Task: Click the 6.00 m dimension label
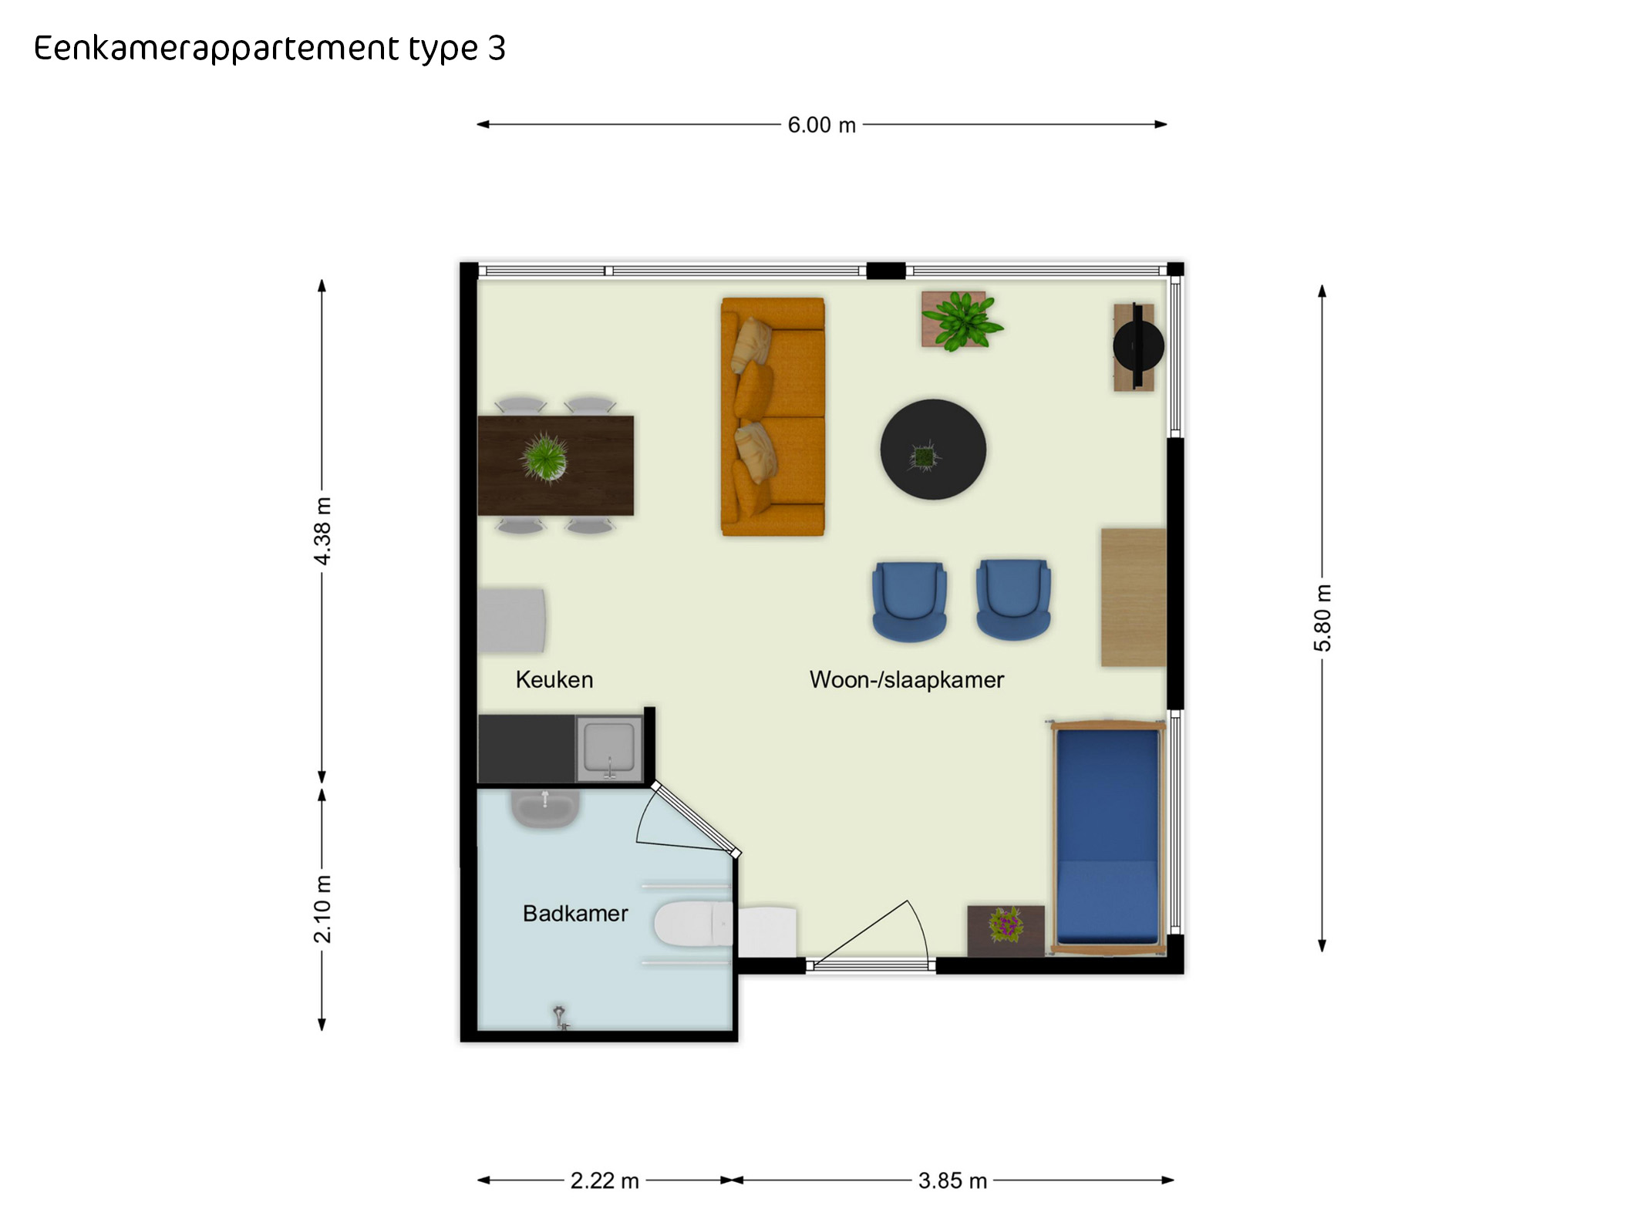821,125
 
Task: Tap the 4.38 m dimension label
322,531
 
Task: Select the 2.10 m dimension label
322,909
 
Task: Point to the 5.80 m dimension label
1322,618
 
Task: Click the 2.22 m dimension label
605,1180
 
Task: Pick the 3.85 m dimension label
952,1180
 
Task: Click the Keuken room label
554,679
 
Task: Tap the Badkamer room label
575,913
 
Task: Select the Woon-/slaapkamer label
907,679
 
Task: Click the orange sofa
773,416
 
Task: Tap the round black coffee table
933,450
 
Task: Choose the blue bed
1108,837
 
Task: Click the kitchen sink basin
609,747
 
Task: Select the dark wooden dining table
555,465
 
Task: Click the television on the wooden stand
1138,346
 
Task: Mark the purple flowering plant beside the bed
1006,924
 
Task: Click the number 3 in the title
497,48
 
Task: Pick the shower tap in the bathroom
561,1017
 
